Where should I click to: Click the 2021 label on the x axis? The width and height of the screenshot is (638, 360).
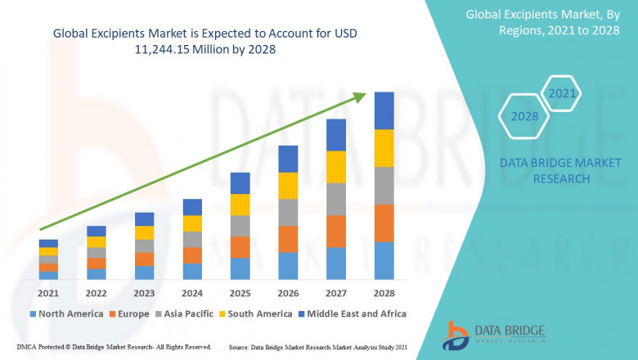[x=48, y=293]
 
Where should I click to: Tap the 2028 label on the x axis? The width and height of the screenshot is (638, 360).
[x=384, y=293]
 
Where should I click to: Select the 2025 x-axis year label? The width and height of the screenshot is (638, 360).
[x=240, y=293]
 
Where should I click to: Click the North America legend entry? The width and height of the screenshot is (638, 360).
[x=66, y=313]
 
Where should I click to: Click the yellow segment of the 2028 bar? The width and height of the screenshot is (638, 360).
[x=384, y=148]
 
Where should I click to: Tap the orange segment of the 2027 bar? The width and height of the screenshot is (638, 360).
[x=336, y=232]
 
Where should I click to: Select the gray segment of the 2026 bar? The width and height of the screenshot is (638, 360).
[x=288, y=213]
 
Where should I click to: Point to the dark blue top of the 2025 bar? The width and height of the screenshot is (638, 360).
[x=240, y=182]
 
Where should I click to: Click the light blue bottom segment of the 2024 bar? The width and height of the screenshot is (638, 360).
[x=192, y=272]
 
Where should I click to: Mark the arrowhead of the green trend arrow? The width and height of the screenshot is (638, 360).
[x=360, y=97]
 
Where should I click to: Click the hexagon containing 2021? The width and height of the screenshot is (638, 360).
[x=562, y=94]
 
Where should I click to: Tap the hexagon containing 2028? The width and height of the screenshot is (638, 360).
[x=524, y=116]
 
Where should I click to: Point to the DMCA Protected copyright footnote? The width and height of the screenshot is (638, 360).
[x=114, y=348]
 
